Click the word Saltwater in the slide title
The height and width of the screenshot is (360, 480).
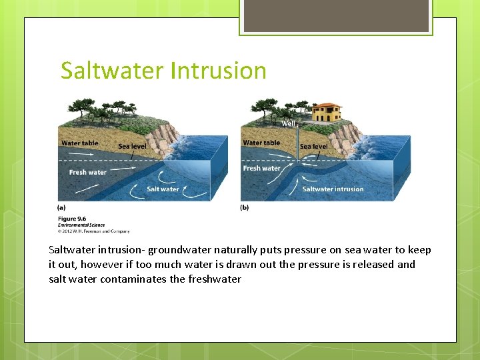113,71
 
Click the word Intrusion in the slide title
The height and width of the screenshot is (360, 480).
219,71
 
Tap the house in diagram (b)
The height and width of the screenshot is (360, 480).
325,113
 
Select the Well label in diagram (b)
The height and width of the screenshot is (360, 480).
288,123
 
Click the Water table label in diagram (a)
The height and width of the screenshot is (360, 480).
79,143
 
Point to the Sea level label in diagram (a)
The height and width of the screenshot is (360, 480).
132,146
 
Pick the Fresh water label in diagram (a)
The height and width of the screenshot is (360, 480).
87,172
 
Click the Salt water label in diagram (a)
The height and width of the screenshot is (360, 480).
163,189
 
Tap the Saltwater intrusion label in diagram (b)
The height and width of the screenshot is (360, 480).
333,189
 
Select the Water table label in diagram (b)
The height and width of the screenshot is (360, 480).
261,143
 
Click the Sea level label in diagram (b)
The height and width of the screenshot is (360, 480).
313,146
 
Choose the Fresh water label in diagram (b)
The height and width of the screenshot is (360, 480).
261,168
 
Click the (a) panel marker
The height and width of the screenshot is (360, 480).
62,207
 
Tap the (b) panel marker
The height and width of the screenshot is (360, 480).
244,207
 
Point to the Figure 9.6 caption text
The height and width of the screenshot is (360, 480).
71,219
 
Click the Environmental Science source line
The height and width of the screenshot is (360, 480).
81,225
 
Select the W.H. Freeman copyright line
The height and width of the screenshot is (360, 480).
93,231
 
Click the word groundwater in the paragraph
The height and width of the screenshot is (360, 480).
179,250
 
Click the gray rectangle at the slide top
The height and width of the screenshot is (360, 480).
335,15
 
